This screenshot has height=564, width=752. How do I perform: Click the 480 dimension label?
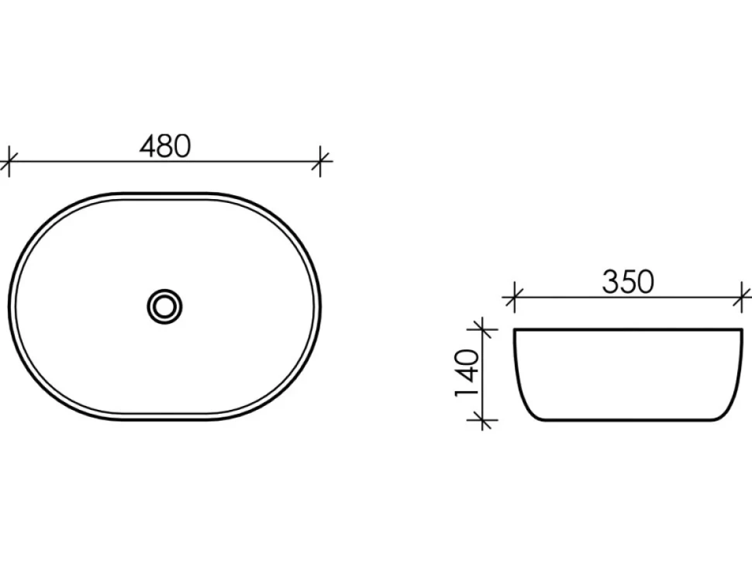[x=165, y=146]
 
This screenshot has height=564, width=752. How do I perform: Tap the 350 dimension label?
[x=628, y=282]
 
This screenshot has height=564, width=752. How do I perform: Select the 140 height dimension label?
[x=467, y=373]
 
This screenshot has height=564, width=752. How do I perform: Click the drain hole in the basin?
[x=164, y=306]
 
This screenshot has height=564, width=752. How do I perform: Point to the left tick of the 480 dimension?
[x=9, y=161]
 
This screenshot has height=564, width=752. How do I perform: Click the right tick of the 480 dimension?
[x=320, y=161]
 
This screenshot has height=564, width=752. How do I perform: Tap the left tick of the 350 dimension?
[x=514, y=297]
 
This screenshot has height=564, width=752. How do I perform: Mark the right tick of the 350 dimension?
[x=743, y=297]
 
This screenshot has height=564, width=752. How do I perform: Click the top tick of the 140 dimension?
[x=482, y=329]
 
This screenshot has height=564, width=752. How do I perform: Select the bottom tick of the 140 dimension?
[x=482, y=420]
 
